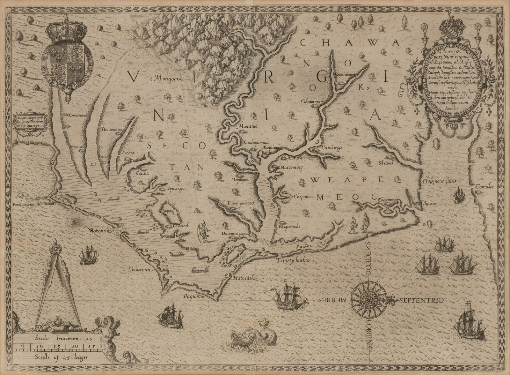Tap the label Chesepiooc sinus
click(441, 181)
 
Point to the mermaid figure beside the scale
click(105, 337)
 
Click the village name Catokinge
click(331, 148)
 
